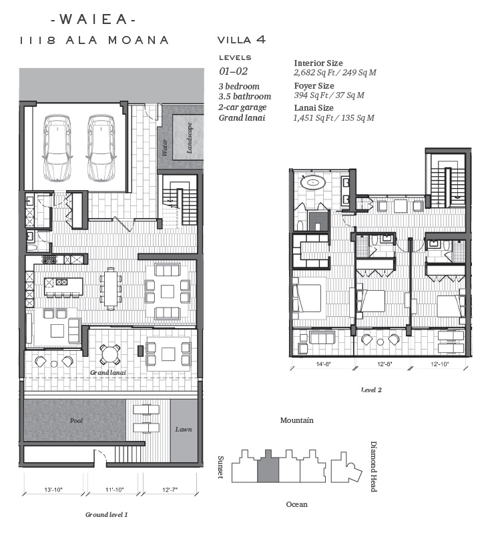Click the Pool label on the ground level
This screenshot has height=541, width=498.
click(76, 420)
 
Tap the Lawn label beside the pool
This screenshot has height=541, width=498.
click(184, 429)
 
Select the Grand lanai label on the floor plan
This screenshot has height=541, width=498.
click(108, 373)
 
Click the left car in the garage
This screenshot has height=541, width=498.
click(57, 147)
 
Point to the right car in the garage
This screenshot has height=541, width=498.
click(101, 147)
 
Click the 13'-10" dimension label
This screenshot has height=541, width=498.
click(53, 490)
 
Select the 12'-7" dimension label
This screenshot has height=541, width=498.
click(170, 490)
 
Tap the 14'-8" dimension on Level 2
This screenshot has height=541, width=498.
click(323, 364)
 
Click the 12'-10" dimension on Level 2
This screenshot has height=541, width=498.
click(440, 364)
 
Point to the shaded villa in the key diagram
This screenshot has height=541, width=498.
click(268, 466)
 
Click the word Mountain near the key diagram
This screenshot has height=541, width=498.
click(297, 420)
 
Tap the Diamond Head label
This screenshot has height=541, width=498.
click(373, 466)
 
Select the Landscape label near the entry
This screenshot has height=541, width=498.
click(190, 137)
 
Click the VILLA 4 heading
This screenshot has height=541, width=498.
click(242, 39)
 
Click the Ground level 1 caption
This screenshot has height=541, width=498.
click(107, 515)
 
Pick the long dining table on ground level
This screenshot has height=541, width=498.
click(111, 288)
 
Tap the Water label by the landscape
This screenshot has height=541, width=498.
click(165, 147)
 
